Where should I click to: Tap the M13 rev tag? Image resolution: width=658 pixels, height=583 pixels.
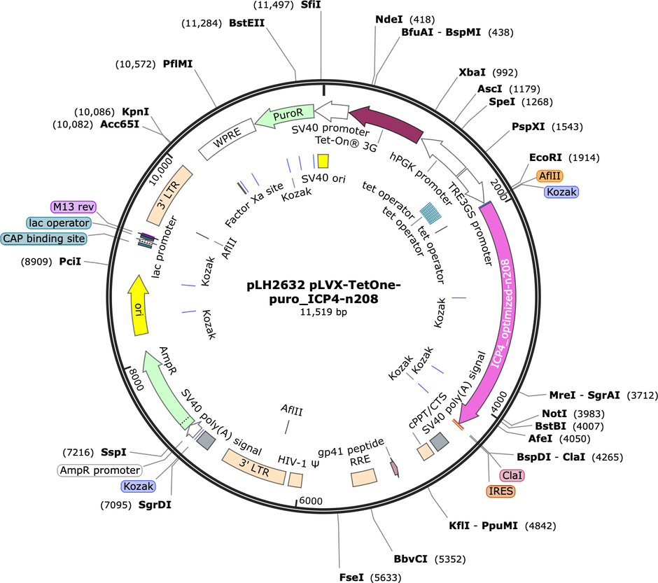(x=73, y=207)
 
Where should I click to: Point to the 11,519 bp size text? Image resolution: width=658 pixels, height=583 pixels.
(x=324, y=312)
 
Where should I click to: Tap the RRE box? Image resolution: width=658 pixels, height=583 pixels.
(x=364, y=478)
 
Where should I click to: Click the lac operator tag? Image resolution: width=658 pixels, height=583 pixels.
(x=59, y=223)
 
